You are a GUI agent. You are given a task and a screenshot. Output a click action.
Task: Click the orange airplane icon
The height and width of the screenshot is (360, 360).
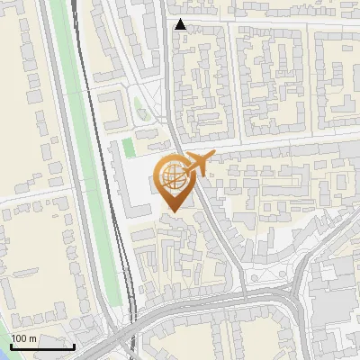pyautogui.click(x=197, y=163)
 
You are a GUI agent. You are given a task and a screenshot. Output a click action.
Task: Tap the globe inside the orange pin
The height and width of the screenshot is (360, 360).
pyautogui.click(x=171, y=176)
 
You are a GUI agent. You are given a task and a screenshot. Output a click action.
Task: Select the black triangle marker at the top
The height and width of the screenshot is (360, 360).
pyautogui.click(x=181, y=24)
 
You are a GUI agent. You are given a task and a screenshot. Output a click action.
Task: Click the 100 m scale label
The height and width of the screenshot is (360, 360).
pyautogui.click(x=23, y=337)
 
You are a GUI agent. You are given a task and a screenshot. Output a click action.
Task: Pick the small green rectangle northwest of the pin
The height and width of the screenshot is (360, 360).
pyautogui.click(x=127, y=146)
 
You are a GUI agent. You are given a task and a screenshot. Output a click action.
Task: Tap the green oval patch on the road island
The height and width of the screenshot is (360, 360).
pyautogui.click(x=139, y=109)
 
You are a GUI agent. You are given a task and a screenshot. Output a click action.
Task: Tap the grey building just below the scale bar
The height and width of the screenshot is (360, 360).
pyautogui.click(x=36, y=355)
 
